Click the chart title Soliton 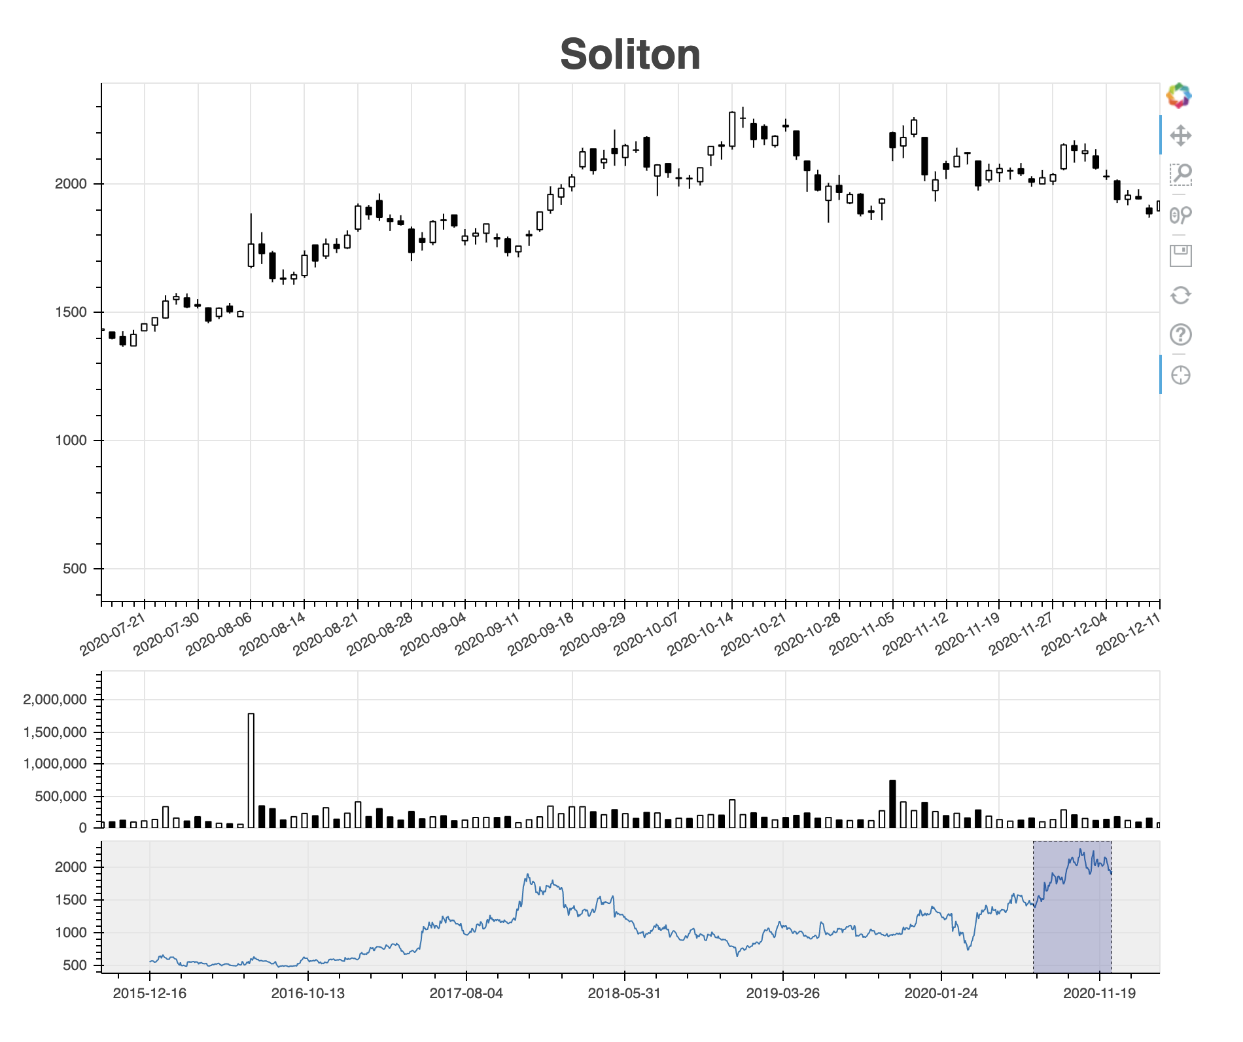click(x=630, y=54)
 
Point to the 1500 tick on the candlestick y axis click(x=71, y=312)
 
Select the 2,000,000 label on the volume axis click(x=55, y=700)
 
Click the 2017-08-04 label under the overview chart click(x=466, y=994)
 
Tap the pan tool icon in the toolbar click(x=1180, y=135)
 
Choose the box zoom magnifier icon click(x=1180, y=175)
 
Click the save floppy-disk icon click(x=1180, y=255)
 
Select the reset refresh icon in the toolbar click(x=1180, y=295)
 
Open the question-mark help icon click(x=1180, y=335)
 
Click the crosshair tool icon click(x=1180, y=375)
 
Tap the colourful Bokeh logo click(x=1179, y=96)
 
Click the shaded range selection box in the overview click(x=1072, y=907)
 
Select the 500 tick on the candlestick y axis click(x=75, y=569)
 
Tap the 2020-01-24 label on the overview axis click(x=941, y=994)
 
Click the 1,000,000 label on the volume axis click(x=55, y=764)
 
